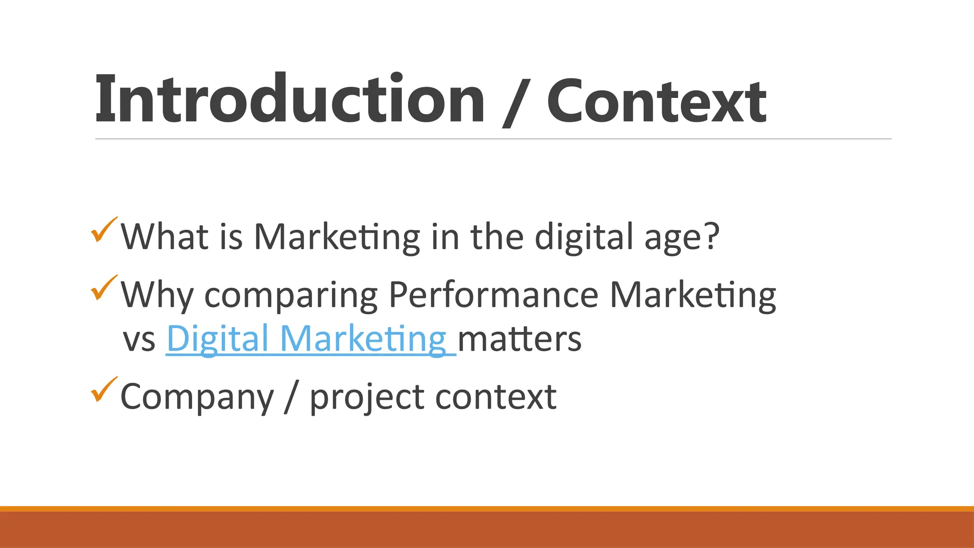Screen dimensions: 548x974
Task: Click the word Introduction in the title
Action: (x=290, y=100)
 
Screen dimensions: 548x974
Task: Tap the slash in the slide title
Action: (x=515, y=102)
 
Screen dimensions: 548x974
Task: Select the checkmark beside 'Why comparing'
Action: (x=104, y=288)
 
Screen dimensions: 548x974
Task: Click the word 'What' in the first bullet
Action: (x=165, y=236)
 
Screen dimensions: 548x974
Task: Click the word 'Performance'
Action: (x=493, y=295)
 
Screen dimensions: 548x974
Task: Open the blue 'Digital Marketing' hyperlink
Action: (x=307, y=339)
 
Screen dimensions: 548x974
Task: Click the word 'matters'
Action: (x=519, y=339)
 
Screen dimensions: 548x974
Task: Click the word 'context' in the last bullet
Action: (x=496, y=397)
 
